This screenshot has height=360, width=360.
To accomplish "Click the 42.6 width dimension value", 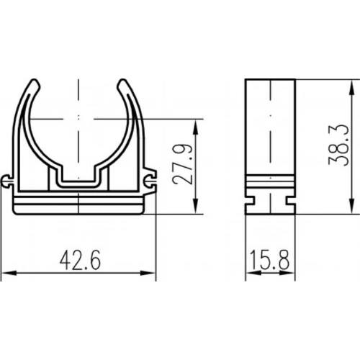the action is coord(80,260).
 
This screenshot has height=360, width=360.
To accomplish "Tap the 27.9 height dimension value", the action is coord(182,164).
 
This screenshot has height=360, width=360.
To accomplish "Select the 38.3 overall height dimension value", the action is coord(338,145).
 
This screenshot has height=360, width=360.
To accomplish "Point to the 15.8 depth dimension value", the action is coord(270,259).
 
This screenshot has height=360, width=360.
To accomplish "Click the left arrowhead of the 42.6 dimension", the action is coord(9,273).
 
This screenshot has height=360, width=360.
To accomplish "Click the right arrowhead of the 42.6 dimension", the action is coord(148,273).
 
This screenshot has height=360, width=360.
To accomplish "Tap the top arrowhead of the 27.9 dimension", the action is coord(196,127).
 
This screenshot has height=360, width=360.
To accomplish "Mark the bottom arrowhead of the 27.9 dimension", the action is coord(196,206).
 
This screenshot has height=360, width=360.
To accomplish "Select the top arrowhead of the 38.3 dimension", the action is coord(352,88).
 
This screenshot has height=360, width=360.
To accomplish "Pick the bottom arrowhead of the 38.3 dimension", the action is coord(352,206).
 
